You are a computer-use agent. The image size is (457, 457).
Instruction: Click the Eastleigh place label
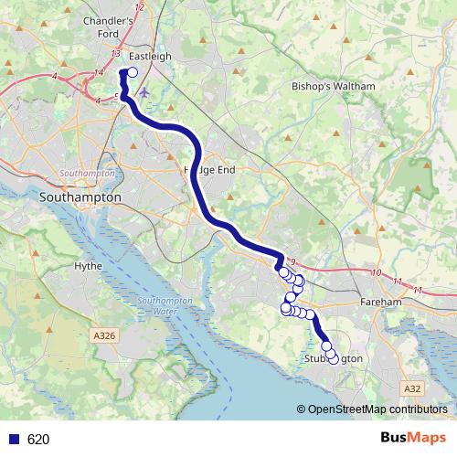[x=151, y=56]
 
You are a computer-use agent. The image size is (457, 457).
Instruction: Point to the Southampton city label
[x=81, y=197]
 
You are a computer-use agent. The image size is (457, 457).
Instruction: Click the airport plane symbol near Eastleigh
[x=146, y=91]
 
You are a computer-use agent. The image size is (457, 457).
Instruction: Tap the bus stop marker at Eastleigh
[x=133, y=73]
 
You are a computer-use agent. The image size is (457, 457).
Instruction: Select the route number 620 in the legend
[x=38, y=440]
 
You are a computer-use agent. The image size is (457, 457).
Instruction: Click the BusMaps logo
[x=412, y=439]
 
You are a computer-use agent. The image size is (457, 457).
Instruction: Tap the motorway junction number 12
[x=140, y=7]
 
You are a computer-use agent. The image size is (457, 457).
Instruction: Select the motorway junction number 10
[x=376, y=272]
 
